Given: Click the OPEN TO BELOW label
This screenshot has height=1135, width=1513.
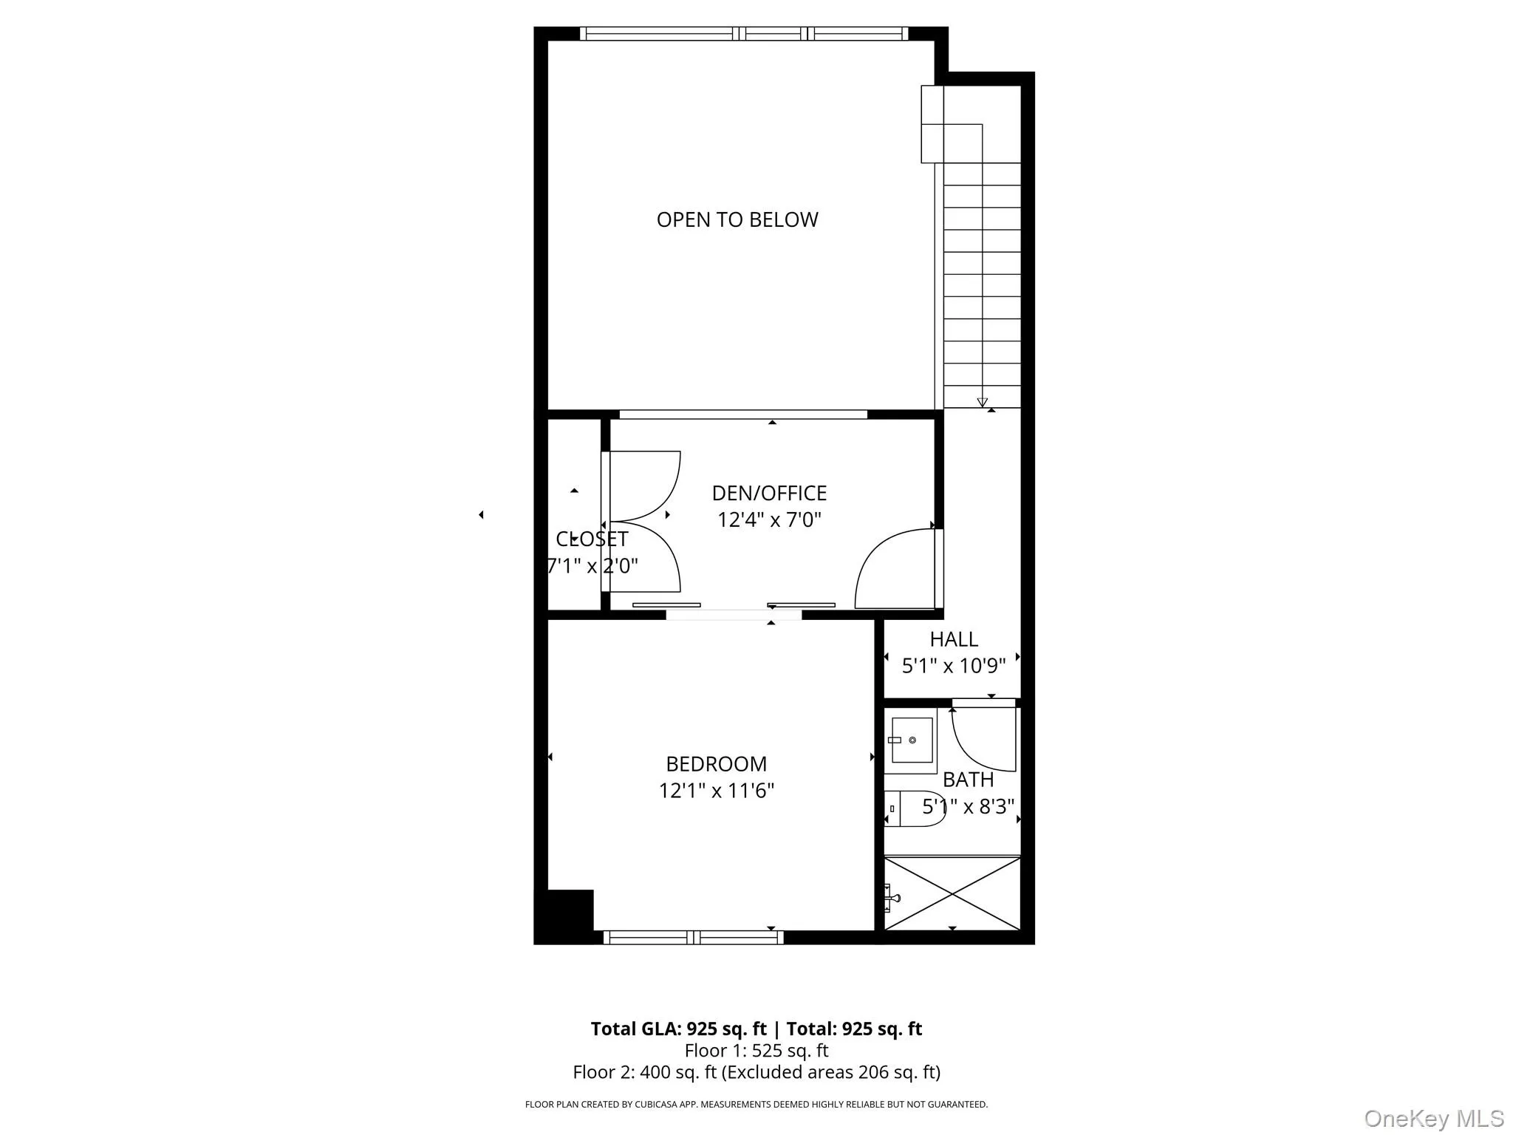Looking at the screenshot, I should click(737, 219).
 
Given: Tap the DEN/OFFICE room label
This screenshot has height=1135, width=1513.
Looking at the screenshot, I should click(768, 493).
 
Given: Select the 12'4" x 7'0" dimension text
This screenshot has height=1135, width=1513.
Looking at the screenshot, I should click(768, 519).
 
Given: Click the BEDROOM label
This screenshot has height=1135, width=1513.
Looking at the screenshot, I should click(716, 763).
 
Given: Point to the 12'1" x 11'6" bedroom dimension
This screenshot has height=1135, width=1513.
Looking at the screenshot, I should click(716, 791).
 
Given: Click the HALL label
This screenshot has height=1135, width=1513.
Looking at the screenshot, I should click(953, 639).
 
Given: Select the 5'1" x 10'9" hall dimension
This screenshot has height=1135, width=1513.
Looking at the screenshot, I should click(953, 666).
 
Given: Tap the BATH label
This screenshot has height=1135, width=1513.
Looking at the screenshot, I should click(968, 780).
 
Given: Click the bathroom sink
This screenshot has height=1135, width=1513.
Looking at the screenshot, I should click(911, 740).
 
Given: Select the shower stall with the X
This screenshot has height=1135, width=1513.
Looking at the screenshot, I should click(952, 893).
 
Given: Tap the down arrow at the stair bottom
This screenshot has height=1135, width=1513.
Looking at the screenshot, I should click(982, 402).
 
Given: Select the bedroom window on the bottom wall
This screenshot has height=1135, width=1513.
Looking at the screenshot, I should click(693, 937).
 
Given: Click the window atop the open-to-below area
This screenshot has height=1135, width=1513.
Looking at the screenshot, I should click(743, 33).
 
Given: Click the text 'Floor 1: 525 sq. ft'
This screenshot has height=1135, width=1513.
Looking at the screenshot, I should click(756, 1050).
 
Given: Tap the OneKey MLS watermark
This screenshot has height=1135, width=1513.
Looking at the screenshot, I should click(1433, 1118).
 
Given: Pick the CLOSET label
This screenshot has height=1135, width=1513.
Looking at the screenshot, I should click(592, 539).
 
